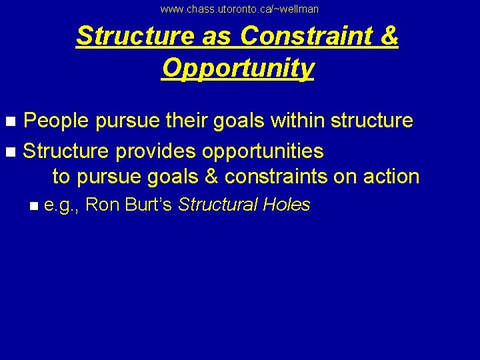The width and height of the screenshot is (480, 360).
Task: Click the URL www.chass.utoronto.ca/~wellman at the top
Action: [239, 9]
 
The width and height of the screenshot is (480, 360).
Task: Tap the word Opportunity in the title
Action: [237, 67]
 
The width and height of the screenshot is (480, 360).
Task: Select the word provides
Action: [155, 151]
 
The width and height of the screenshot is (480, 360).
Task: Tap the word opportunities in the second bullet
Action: [263, 151]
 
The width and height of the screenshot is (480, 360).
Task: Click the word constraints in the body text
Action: [295, 177]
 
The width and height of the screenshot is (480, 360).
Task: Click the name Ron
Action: [102, 205]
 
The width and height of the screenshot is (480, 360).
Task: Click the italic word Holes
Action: [287, 205]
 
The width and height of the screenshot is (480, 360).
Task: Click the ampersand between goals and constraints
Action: [211, 177]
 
